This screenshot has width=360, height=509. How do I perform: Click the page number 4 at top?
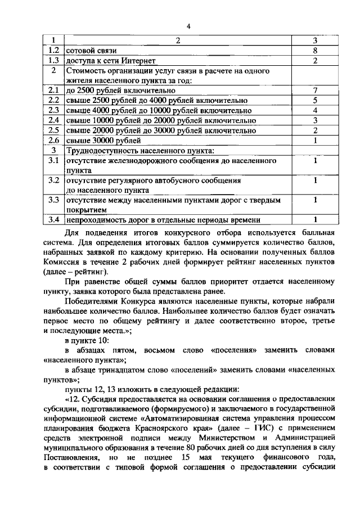189,26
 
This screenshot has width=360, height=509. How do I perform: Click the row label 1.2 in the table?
54,51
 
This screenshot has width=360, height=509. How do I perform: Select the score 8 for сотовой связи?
316,51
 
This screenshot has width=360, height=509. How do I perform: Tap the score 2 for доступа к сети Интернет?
316,61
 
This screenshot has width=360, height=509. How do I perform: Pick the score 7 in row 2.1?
316,90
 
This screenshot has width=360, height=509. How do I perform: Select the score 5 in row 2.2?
316,100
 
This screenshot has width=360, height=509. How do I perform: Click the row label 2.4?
54,120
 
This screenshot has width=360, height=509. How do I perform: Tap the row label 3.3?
54,200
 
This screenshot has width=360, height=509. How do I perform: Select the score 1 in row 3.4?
316,220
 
